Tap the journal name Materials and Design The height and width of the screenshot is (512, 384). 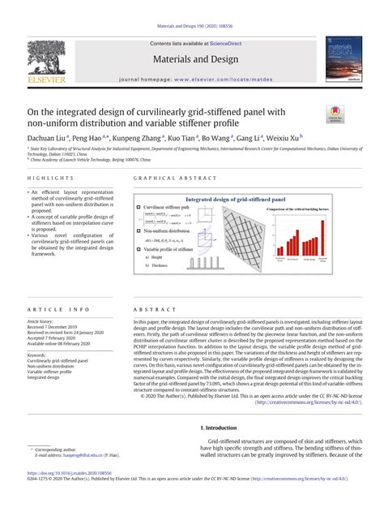pyautogui.click(x=192, y=59)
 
